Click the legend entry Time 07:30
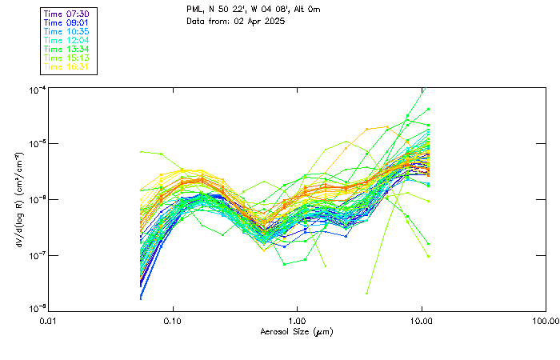[x=66, y=14]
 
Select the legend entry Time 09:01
[x=66, y=22]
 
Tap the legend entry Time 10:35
[x=66, y=31]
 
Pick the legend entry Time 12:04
[x=66, y=40]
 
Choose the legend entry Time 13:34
[x=66, y=49]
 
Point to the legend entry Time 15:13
[x=66, y=58]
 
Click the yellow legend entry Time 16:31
[x=66, y=66]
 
